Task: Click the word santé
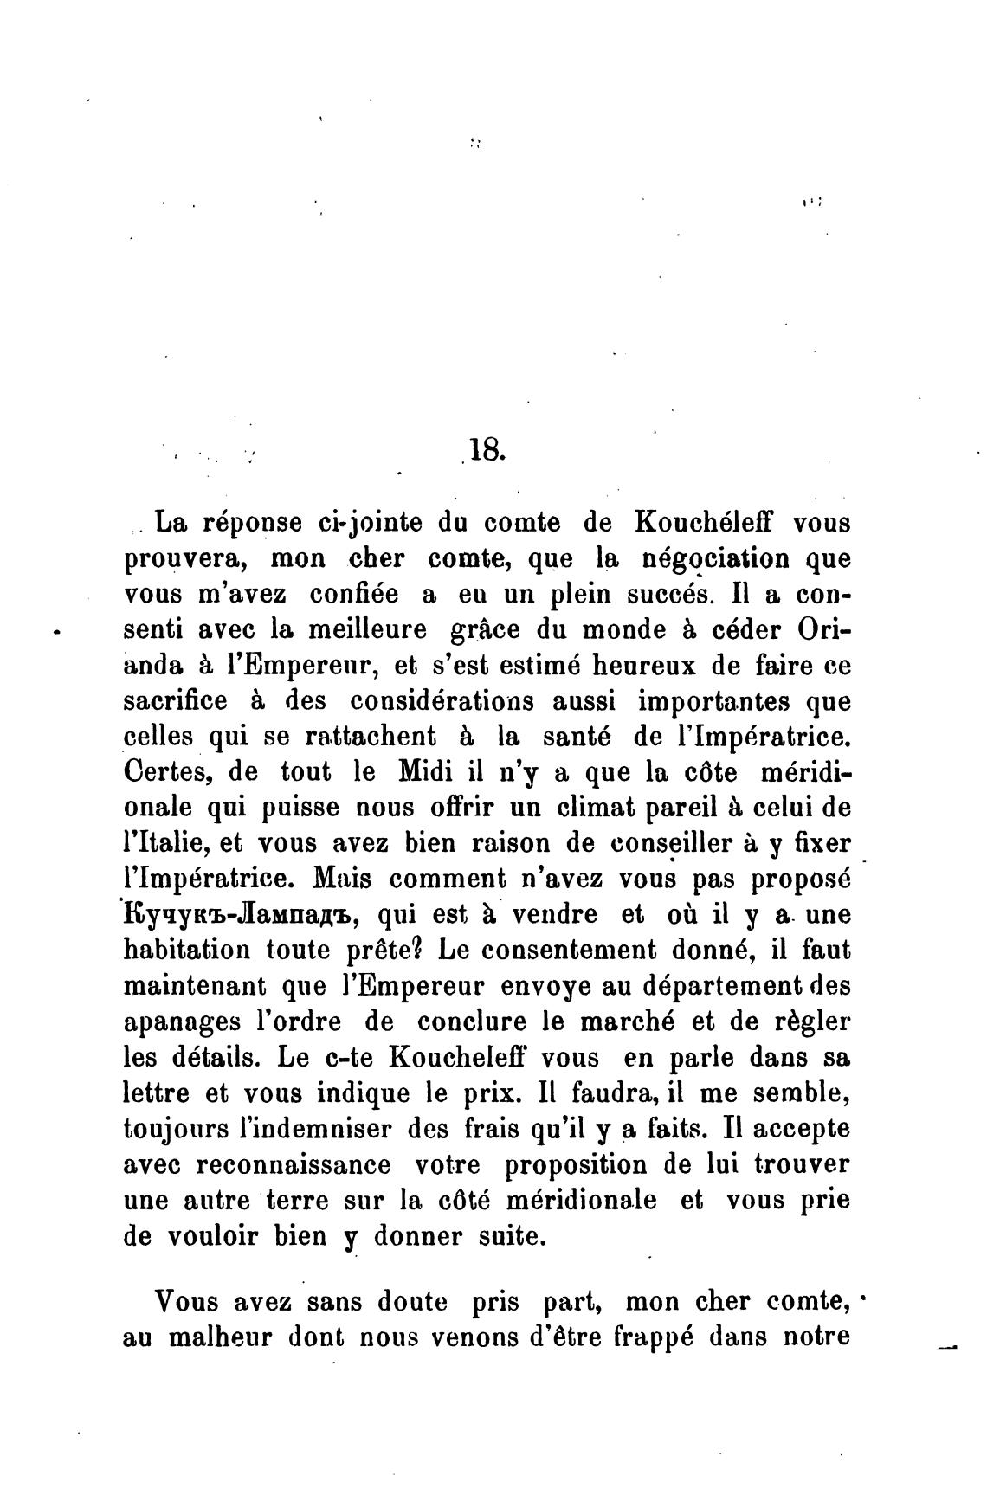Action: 577,737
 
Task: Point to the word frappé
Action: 652,1337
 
